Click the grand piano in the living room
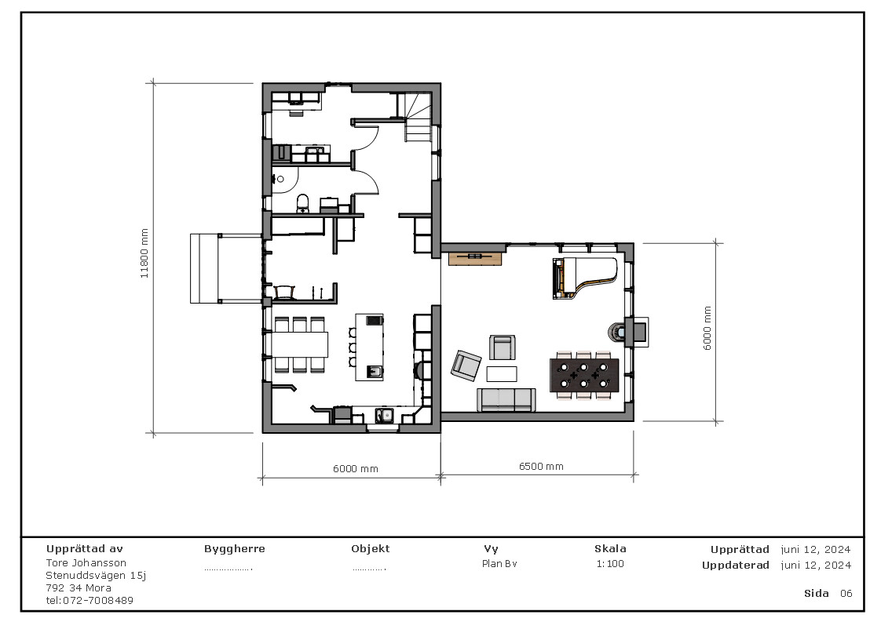pyautogui.click(x=585, y=278)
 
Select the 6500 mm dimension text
pyautogui.click(x=541, y=466)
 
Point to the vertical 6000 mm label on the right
pyautogui.click(x=707, y=328)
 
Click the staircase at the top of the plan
pyautogui.click(x=419, y=117)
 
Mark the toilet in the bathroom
pyautogui.click(x=303, y=204)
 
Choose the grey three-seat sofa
pyautogui.click(x=506, y=399)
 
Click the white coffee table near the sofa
pyautogui.click(x=503, y=373)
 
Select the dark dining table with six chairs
pyautogui.click(x=584, y=375)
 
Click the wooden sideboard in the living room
pyautogui.click(x=474, y=256)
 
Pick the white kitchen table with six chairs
pyautogui.click(x=299, y=344)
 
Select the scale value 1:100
pyautogui.click(x=610, y=563)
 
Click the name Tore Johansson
pyautogui.click(x=86, y=562)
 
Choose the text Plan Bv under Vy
pyautogui.click(x=499, y=563)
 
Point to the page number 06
pyautogui.click(x=846, y=593)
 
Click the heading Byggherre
pyautogui.click(x=234, y=549)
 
